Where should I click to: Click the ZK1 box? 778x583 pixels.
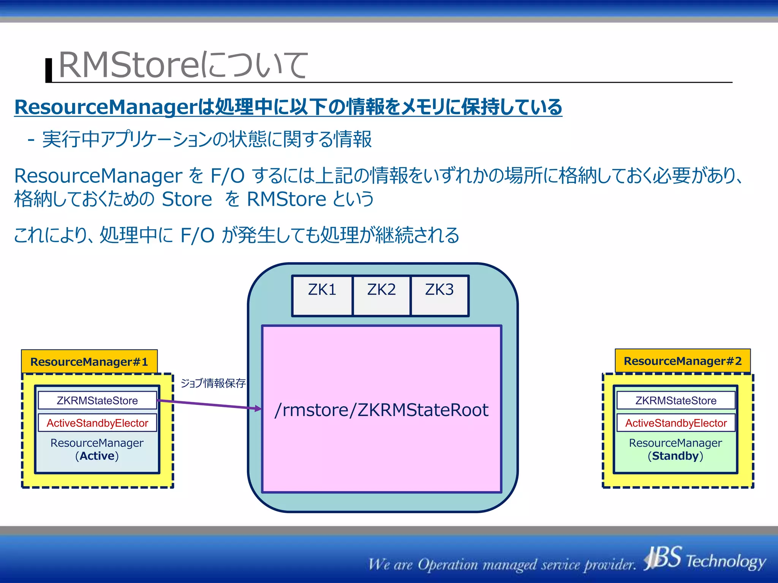(x=322, y=296)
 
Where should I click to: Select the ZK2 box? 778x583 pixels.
(x=381, y=296)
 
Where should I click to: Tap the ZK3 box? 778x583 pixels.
(x=440, y=296)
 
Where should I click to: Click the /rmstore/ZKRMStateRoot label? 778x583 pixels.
(x=381, y=410)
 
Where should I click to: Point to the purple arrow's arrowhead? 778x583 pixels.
(x=258, y=408)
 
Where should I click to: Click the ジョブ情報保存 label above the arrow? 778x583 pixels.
(x=213, y=383)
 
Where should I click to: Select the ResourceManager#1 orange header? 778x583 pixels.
(x=89, y=361)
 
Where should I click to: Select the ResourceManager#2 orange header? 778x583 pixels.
(x=683, y=361)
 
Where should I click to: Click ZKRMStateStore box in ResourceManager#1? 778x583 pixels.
(x=97, y=400)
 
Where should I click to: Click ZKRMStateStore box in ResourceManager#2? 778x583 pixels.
(x=676, y=400)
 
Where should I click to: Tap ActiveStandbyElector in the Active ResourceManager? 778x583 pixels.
(x=97, y=423)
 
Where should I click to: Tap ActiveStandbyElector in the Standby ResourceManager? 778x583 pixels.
(x=676, y=423)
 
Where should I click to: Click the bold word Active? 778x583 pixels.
(x=97, y=456)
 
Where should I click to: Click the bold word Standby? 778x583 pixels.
(x=675, y=456)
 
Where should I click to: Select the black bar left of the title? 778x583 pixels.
(x=49, y=70)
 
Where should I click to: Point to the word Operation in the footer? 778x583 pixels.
(x=448, y=564)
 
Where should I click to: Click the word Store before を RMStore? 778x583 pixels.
(x=187, y=199)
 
